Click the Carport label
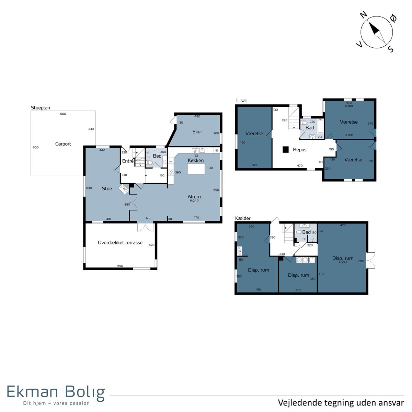tap(63, 144)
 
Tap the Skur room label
tap(197, 131)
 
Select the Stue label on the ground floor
tap(107, 188)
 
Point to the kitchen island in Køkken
tap(196, 169)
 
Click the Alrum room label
tap(194, 196)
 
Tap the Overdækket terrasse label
tap(120, 242)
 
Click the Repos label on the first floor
tap(299, 150)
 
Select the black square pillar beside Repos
tap(285, 149)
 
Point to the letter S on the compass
tap(390, 49)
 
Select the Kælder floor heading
tap(243, 218)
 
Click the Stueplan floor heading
tap(41, 108)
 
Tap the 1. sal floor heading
tap(241, 101)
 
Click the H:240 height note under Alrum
tap(194, 201)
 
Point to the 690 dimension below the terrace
tap(120, 266)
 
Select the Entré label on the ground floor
tap(128, 161)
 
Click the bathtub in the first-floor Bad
tap(320, 126)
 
